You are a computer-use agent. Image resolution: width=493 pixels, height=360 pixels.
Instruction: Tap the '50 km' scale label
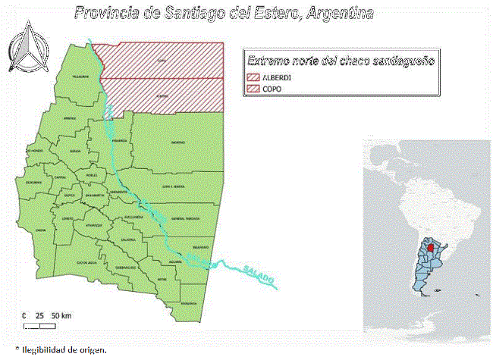coord(62,315)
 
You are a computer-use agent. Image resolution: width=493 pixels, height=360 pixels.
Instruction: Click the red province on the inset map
coord(430,247)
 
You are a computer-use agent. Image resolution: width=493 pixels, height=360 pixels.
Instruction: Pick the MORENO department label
coord(177,142)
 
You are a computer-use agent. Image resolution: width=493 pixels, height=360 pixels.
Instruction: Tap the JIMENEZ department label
coord(69,118)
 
